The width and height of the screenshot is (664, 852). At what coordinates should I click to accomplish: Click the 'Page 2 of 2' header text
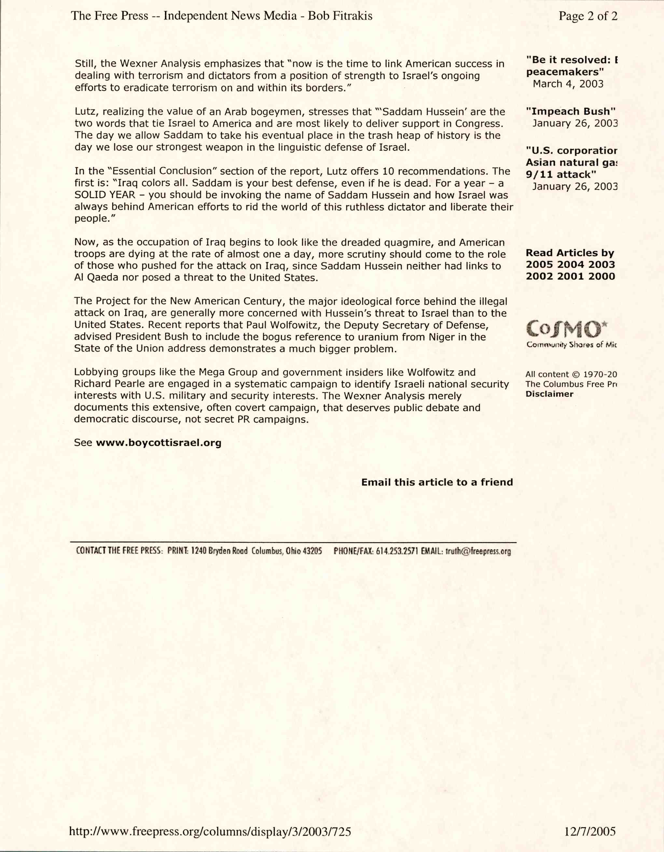588,16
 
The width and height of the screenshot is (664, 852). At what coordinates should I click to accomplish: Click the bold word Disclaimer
549,394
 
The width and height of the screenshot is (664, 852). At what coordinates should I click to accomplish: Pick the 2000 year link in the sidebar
602,276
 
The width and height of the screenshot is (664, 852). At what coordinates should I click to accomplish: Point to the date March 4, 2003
568,84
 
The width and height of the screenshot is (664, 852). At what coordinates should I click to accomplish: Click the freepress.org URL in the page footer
210,832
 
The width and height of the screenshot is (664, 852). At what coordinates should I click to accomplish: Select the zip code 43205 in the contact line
312,551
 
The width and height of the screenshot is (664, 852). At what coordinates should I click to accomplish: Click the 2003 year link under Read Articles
602,264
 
